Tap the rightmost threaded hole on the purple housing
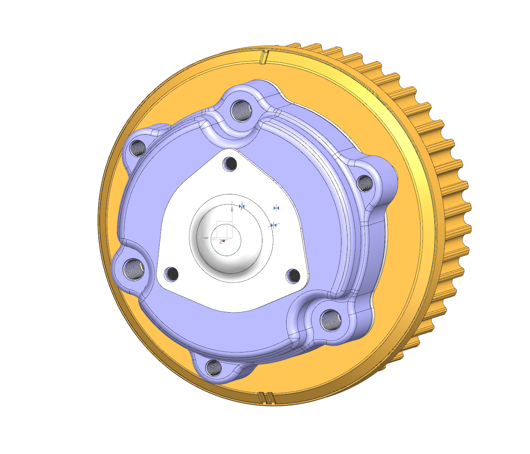(365, 183)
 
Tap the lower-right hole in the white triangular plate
(293, 275)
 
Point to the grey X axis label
(232, 203)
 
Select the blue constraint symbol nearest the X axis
(242, 206)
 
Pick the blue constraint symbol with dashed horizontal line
(273, 225)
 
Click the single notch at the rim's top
(264, 57)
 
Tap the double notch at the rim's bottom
(266, 397)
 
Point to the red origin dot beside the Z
(224, 240)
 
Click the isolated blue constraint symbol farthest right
(277, 208)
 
